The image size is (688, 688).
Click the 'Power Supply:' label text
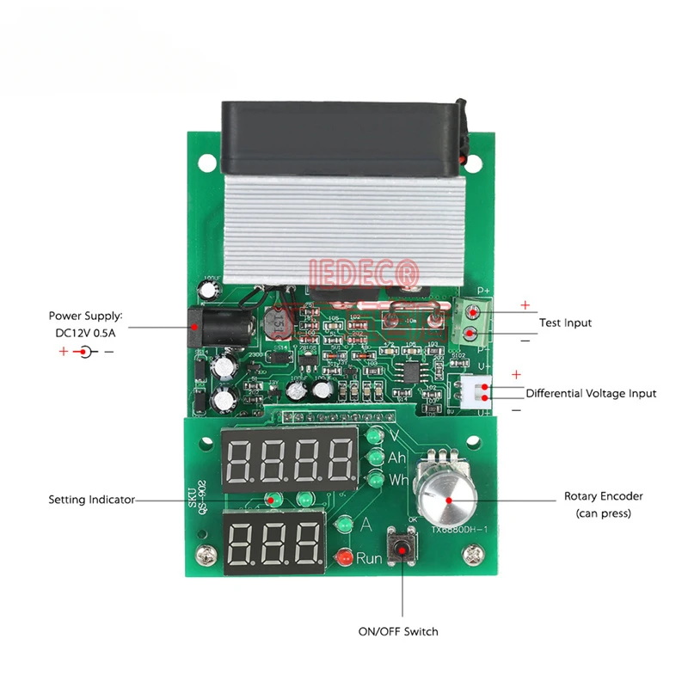tap(86, 316)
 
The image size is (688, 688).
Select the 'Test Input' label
tap(565, 323)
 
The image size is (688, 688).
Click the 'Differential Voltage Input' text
tap(591, 393)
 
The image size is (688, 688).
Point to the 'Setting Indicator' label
tap(91, 499)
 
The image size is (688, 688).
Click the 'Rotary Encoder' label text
tap(603, 496)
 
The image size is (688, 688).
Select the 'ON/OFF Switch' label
tap(398, 631)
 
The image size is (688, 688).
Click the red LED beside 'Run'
tap(343, 557)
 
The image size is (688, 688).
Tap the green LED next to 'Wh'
tap(374, 479)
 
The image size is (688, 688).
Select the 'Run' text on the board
tap(370, 557)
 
